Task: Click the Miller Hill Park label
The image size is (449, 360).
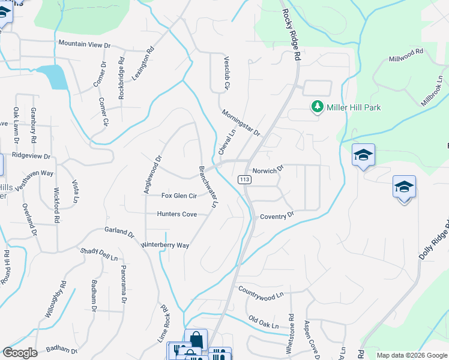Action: (x=354, y=107)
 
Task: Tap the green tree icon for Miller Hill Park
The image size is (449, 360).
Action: (x=317, y=107)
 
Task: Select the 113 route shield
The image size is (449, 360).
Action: (x=244, y=179)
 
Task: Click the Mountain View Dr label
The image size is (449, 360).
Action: (x=85, y=44)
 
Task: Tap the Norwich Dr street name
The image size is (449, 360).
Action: (x=267, y=171)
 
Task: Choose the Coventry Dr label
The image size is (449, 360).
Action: (x=277, y=215)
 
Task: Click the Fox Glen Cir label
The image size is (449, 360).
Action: (x=179, y=196)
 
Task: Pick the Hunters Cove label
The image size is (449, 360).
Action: (x=176, y=214)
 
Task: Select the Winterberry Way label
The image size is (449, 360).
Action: (x=165, y=245)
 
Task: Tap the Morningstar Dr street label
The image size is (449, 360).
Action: (x=240, y=122)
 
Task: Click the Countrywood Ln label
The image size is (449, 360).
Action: (x=261, y=293)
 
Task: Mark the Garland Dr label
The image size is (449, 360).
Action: (x=119, y=231)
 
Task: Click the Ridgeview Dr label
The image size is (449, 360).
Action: (x=31, y=155)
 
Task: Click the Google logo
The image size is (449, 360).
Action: (x=20, y=352)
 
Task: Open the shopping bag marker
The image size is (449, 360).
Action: (x=196, y=340)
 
